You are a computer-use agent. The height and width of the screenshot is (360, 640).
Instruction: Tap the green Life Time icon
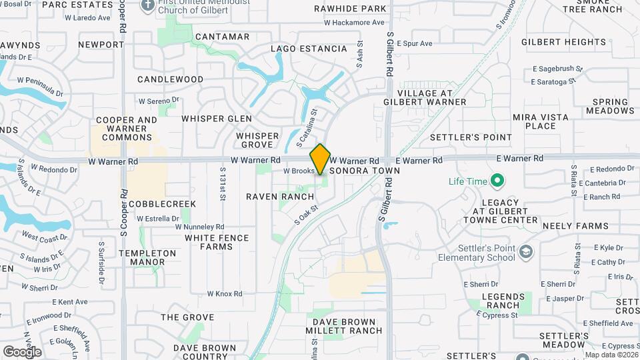(x=497, y=181)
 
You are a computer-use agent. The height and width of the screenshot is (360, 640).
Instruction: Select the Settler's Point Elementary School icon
(x=526, y=251)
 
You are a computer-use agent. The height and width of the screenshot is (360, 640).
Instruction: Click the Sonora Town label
(x=369, y=171)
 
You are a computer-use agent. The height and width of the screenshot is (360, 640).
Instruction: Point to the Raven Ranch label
(x=280, y=197)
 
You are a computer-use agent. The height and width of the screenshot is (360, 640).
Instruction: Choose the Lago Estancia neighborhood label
(x=309, y=49)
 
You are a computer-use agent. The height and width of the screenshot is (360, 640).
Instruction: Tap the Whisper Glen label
(x=217, y=119)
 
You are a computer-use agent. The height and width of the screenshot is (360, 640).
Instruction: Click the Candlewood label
(x=171, y=79)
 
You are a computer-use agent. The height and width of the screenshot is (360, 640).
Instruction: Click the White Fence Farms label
(x=217, y=242)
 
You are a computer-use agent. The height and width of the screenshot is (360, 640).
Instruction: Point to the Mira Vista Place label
(x=541, y=121)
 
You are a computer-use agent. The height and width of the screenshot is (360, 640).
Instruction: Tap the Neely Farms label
(x=567, y=227)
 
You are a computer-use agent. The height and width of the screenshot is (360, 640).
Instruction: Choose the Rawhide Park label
(x=355, y=9)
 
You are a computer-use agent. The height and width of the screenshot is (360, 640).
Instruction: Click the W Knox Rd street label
(x=224, y=293)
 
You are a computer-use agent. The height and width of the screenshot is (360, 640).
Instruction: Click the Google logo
(x=22, y=351)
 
